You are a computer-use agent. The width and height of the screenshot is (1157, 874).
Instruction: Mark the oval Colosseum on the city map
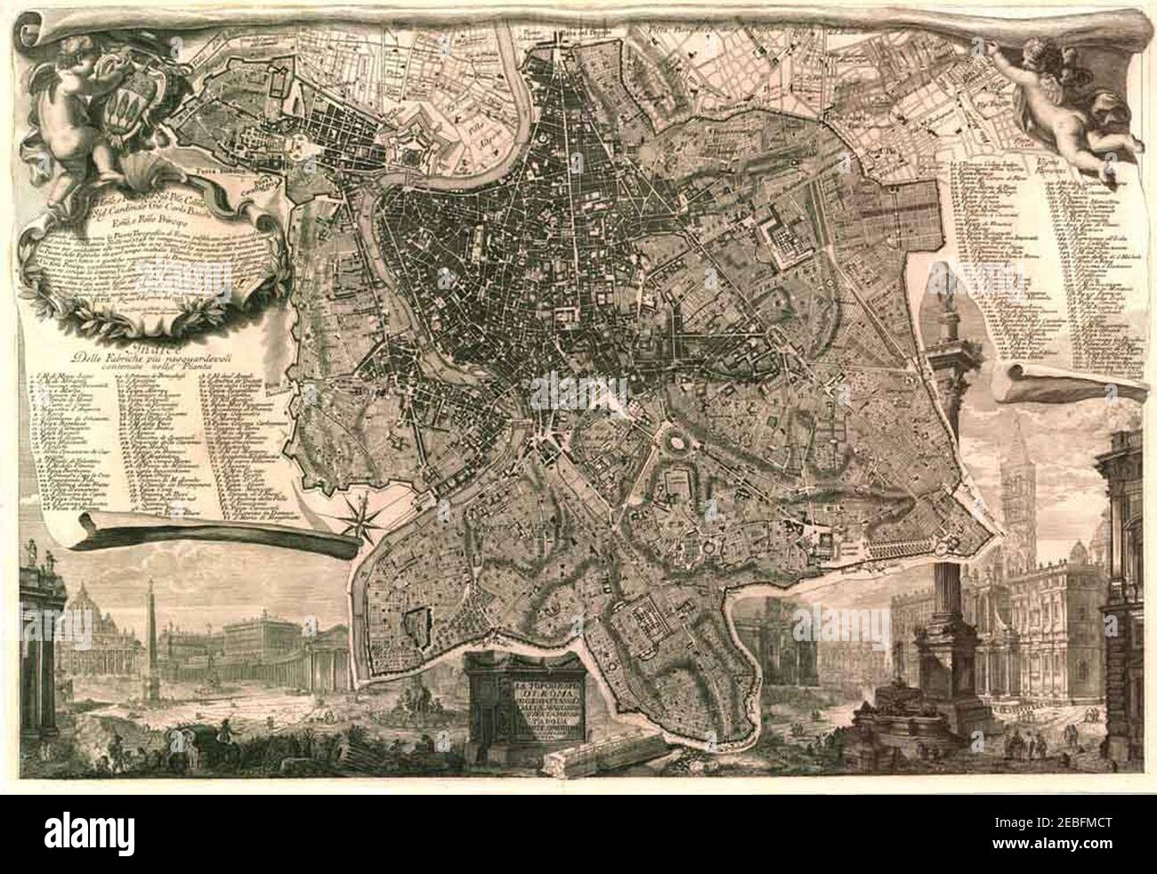coord(672,441)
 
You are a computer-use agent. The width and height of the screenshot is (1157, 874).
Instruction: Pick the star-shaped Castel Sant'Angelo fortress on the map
coord(406,146)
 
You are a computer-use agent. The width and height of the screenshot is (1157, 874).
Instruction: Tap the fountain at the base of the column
coord(899,721)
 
